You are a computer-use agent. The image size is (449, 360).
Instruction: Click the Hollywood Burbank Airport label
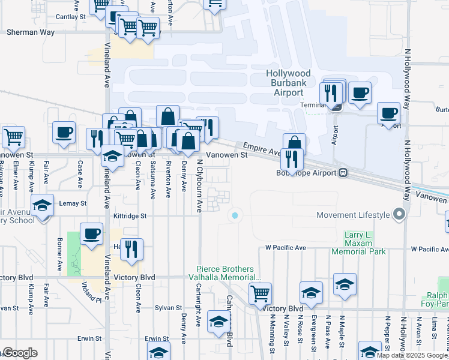point(289,83)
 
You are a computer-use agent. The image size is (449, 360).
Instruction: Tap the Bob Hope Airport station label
point(315,173)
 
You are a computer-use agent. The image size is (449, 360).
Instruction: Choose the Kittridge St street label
point(131,215)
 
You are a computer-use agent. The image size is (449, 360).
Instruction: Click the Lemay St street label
point(73,203)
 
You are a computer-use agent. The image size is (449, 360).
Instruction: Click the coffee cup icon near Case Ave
point(64,133)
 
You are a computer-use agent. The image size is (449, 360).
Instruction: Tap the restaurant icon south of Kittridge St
point(132,248)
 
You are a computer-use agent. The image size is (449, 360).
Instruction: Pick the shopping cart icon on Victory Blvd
point(260,294)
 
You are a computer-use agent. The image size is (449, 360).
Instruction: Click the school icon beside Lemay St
point(42,205)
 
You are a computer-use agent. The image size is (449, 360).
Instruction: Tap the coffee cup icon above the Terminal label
point(360,93)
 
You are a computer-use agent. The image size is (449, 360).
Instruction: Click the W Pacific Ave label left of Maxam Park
point(286,248)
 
